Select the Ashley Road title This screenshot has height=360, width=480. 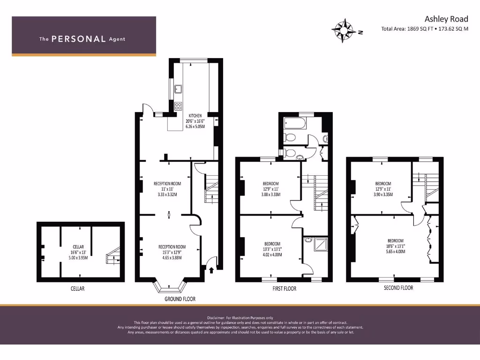[x=446, y=19]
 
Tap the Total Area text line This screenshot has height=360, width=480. [x=425, y=29]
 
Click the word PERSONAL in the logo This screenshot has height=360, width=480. [x=78, y=39]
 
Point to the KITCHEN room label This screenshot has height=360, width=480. [x=195, y=115]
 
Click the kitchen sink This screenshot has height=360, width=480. [x=178, y=89]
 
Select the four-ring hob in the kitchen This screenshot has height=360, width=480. [x=178, y=106]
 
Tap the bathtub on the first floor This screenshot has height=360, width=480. [x=294, y=124]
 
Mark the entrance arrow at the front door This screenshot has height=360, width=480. [x=210, y=270]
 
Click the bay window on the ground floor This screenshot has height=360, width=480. [x=170, y=288]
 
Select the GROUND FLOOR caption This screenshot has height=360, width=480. [x=180, y=299]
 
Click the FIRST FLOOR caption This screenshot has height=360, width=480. [x=285, y=289]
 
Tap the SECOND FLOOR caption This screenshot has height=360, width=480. [x=398, y=288]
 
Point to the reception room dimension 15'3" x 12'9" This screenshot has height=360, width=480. [x=172, y=252]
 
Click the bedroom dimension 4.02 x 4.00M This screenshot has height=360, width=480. [x=272, y=255]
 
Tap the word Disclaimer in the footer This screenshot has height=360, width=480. [x=217, y=317]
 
